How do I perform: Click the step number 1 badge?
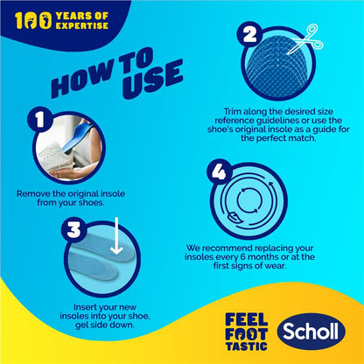37,121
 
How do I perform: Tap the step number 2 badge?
252,35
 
